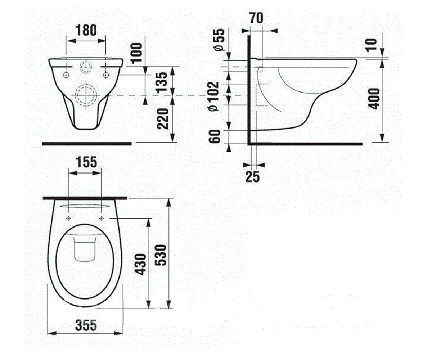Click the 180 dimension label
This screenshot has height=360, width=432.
86,30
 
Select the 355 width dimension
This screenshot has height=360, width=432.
86,325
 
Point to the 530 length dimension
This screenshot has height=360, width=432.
161,255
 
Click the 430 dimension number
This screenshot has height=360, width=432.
140,264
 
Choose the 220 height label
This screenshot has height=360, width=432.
163,119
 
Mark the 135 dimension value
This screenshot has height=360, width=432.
161,82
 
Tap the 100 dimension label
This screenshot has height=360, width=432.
136,53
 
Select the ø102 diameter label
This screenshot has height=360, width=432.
213,96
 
